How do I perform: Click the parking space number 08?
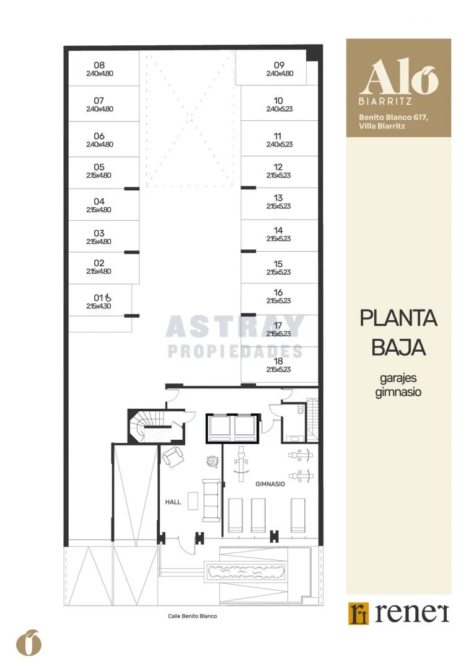click(99, 65)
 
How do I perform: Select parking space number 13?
click(278, 198)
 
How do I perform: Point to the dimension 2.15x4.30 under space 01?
click(99, 306)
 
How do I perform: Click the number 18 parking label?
click(278, 361)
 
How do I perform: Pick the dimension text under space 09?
click(279, 73)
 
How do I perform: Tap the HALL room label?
click(173, 502)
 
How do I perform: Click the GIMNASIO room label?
click(270, 484)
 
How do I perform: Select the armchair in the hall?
click(173, 457)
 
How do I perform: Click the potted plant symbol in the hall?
click(213, 462)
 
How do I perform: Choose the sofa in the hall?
click(211, 500)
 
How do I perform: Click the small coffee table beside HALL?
click(193, 501)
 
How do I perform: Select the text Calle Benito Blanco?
click(193, 616)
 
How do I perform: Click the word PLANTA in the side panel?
click(398, 318)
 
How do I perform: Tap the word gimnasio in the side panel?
click(398, 392)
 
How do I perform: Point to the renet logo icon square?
click(358, 614)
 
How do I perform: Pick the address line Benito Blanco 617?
click(393, 117)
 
